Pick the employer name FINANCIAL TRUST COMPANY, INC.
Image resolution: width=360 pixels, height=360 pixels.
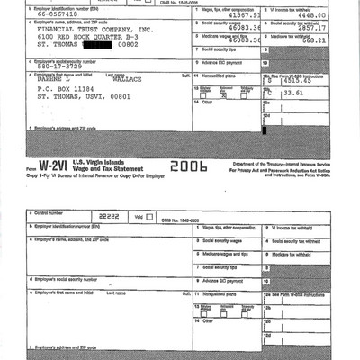coord(82,28)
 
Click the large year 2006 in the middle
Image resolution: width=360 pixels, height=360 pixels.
coord(188,167)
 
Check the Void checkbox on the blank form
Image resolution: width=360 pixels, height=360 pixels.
coord(148,218)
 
